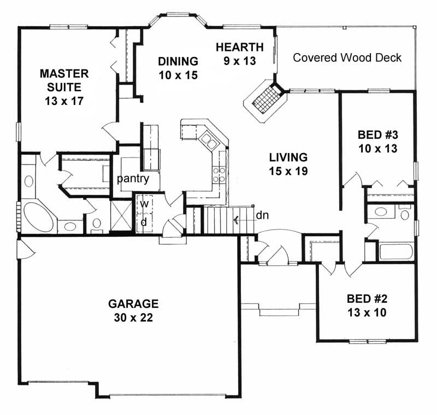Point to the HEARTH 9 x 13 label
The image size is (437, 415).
pyautogui.click(x=239, y=54)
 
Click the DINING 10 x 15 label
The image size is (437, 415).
pyautogui.click(x=178, y=67)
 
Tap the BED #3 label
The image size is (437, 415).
pyautogui.click(x=377, y=141)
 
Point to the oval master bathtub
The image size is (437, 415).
pyautogui.click(x=38, y=217)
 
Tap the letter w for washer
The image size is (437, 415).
pyautogui.click(x=144, y=203)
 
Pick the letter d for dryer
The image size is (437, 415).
pyautogui.click(x=144, y=222)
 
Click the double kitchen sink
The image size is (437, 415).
pyautogui.click(x=208, y=141)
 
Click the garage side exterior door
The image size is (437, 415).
pyautogui.click(x=25, y=250)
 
